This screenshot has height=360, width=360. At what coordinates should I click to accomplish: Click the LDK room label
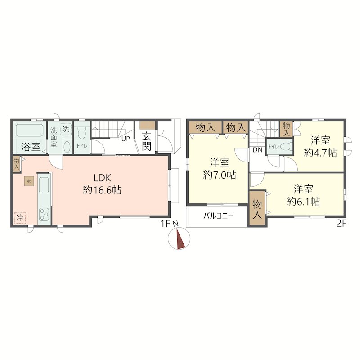(x=103, y=178)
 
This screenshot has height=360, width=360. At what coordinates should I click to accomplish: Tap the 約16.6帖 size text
(x=102, y=190)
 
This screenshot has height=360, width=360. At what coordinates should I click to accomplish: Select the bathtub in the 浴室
(x=30, y=130)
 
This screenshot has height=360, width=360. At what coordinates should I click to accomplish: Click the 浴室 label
(x=31, y=147)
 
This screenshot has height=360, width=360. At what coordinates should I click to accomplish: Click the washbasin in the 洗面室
(x=67, y=147)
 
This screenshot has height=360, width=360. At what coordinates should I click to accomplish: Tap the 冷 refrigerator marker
(x=20, y=218)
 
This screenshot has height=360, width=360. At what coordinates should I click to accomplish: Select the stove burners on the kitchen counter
(x=44, y=214)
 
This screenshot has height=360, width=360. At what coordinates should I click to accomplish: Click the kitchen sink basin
(x=44, y=185)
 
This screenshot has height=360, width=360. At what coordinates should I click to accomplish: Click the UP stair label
(x=126, y=139)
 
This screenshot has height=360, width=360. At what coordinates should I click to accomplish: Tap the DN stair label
(x=257, y=150)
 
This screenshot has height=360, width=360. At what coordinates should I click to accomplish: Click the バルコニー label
(x=218, y=216)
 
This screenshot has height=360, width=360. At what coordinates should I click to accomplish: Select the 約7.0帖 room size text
(x=220, y=175)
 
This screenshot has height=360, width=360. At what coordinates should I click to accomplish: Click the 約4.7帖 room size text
(x=320, y=153)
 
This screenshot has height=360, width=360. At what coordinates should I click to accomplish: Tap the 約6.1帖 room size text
(x=303, y=202)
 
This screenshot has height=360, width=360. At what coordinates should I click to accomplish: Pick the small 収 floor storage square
(x=29, y=181)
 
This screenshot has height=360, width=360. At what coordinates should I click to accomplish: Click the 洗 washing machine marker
(x=66, y=129)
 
